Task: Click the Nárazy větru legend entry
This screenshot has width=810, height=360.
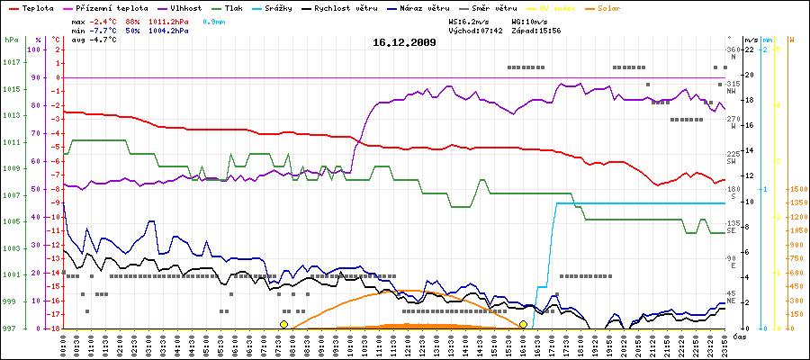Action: click(427, 8)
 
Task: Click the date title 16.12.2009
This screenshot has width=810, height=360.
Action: click(404, 42)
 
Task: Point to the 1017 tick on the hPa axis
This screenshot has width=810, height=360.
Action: click(11, 62)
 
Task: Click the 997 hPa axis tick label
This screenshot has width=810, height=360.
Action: click(11, 328)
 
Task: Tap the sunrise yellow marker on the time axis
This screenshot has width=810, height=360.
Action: click(283, 324)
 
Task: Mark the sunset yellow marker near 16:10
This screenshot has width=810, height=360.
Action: click(523, 324)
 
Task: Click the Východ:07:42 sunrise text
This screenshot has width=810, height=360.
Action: click(474, 31)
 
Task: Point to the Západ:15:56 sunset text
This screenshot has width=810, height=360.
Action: click(535, 31)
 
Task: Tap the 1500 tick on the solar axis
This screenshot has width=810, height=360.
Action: click(798, 190)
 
